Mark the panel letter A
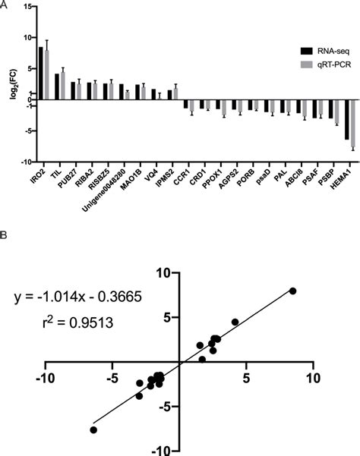point(5,5)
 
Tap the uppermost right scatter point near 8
point(293,291)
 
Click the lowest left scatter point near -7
point(93,429)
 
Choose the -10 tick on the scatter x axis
point(47,377)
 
